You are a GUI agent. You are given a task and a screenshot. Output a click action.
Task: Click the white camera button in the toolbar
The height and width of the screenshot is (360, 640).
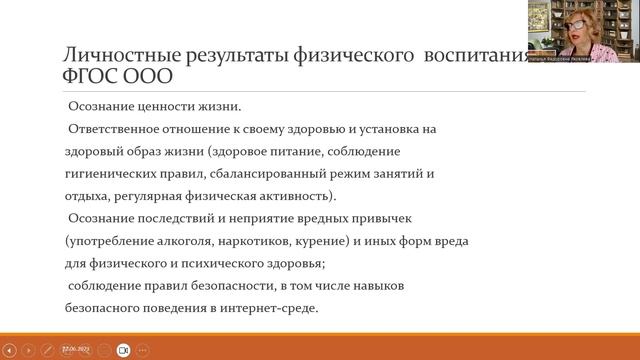tap(123, 350)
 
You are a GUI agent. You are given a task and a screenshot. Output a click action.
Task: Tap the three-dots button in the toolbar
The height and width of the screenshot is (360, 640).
tap(144, 350)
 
